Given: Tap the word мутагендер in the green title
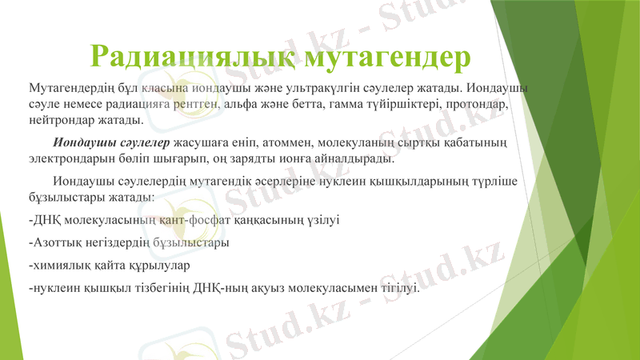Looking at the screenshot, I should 385,55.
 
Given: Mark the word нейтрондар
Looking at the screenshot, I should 59,121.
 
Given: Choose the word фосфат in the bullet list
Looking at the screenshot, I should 210,220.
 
